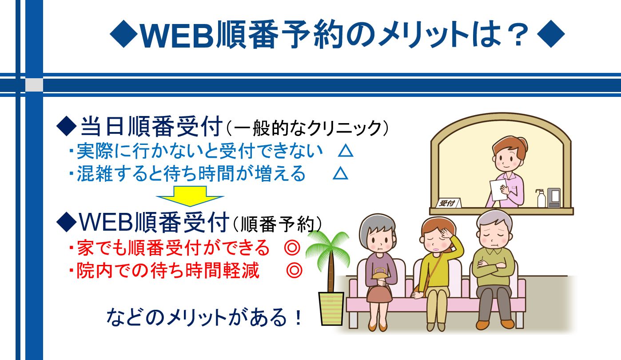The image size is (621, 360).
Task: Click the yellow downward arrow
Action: click(x=190, y=196)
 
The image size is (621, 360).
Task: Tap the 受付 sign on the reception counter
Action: click(x=448, y=203)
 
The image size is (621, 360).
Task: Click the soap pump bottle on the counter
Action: click(x=541, y=198)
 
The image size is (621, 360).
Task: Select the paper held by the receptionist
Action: click(x=498, y=190)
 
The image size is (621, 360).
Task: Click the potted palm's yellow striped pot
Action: click(x=331, y=308)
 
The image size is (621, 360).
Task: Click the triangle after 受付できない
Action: click(x=346, y=151)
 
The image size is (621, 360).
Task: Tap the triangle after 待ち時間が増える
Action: click(x=340, y=174)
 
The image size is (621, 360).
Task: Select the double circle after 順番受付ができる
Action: click(x=292, y=248)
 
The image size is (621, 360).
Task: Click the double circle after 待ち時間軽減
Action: click(x=294, y=270)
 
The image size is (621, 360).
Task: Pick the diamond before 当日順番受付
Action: click(x=66, y=127)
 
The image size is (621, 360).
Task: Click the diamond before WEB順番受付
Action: click(x=66, y=222)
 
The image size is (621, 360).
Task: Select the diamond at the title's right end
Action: click(x=550, y=34)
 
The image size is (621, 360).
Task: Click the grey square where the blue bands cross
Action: click(x=34, y=85)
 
